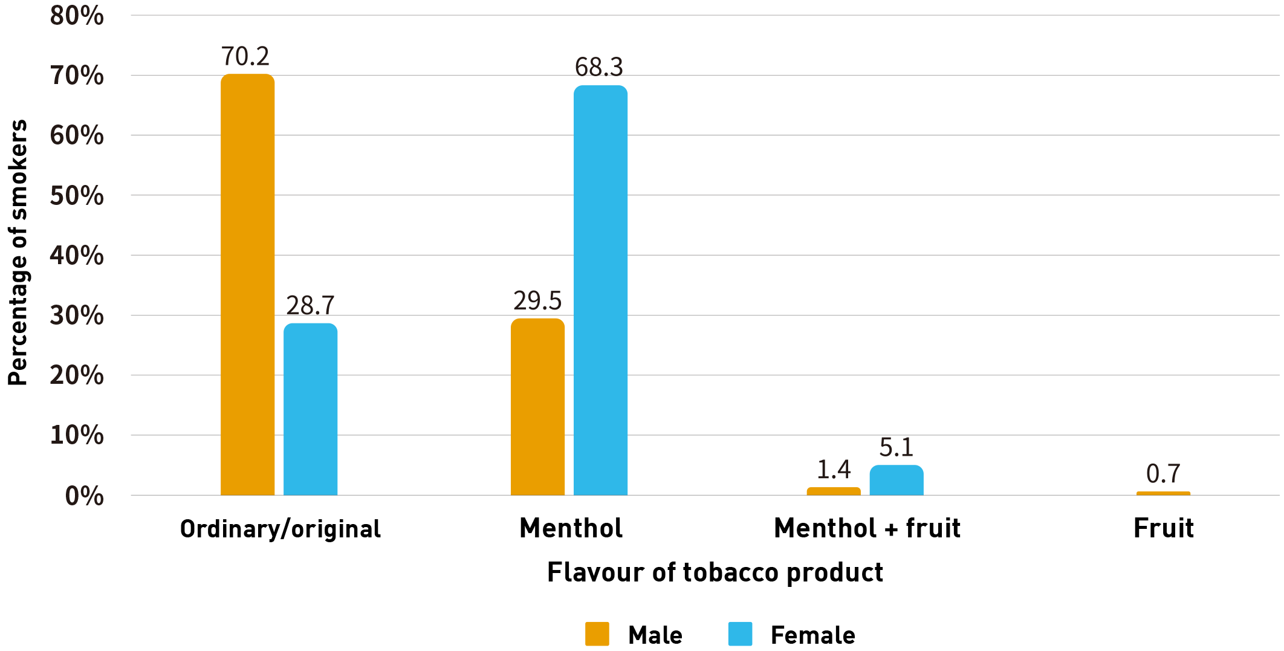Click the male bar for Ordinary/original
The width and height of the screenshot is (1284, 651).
click(x=247, y=284)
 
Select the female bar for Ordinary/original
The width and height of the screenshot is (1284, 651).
click(x=310, y=409)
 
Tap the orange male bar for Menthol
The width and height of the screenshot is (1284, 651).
click(x=537, y=407)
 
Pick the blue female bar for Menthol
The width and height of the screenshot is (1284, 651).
click(x=600, y=290)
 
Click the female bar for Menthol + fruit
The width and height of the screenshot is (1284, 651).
click(x=897, y=481)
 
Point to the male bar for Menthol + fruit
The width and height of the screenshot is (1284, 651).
click(x=834, y=491)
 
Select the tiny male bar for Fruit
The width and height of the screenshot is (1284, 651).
click(x=1163, y=493)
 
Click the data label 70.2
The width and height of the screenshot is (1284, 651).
click(x=245, y=56)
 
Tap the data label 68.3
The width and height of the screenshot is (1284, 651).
click(x=598, y=67)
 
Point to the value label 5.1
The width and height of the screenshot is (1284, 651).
click(x=896, y=447)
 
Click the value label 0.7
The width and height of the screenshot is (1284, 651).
click(x=1163, y=473)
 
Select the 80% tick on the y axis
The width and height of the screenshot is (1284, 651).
click(x=77, y=16)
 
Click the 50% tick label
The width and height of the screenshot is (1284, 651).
click(x=77, y=195)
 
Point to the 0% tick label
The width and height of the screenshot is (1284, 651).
click(x=84, y=496)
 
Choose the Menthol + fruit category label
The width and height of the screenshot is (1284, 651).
click(x=867, y=528)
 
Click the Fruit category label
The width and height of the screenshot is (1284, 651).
click(x=1163, y=528)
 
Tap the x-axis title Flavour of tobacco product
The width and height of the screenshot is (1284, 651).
click(x=715, y=572)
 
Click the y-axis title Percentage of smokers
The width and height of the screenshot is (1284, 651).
click(x=18, y=253)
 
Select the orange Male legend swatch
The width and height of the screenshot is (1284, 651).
click(x=597, y=634)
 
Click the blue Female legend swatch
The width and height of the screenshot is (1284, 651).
click(x=740, y=634)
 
